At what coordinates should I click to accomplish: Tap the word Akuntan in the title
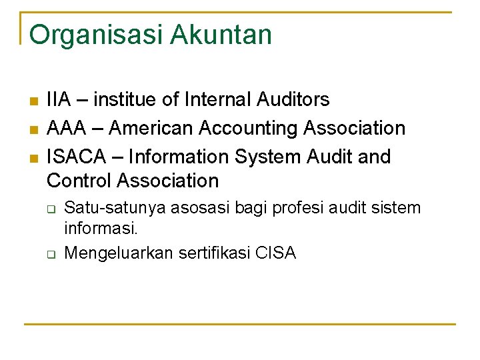pos(221,35)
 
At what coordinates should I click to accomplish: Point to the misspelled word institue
pos(125,99)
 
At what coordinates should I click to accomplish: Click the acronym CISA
pos(275,253)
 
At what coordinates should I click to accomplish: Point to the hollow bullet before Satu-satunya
pos(50,209)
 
